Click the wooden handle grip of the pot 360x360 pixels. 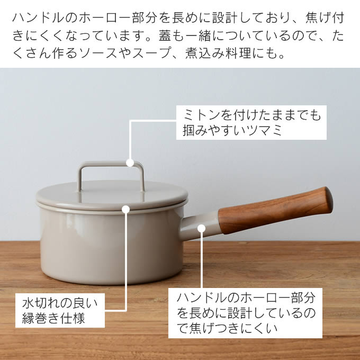(275, 210)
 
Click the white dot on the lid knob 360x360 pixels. (130, 163)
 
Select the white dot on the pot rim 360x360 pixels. (126, 209)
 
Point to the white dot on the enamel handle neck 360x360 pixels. (201, 228)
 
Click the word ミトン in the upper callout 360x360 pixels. (200, 115)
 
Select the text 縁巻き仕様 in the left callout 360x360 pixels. (53, 318)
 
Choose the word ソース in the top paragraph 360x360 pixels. (98, 53)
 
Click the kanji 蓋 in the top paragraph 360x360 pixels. (165, 35)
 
